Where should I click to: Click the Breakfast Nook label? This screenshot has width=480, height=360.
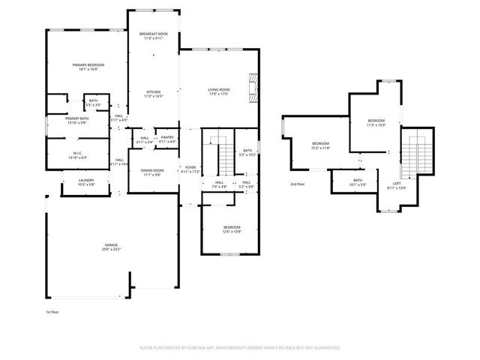153,35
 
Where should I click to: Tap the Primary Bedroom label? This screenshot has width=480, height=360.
88,66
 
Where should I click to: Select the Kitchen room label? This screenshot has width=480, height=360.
153,93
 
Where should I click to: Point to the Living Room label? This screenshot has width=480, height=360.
218,91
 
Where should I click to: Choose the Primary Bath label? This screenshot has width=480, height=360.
76,119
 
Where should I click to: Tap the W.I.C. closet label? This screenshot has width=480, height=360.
77,155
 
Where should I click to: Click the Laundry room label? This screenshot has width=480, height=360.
87,181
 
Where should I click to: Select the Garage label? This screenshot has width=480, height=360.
112,245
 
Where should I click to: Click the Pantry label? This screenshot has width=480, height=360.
166,138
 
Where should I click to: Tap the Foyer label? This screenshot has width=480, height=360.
190,169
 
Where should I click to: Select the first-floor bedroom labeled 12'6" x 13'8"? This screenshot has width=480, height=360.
232,228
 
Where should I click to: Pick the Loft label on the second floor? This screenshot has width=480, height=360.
397,185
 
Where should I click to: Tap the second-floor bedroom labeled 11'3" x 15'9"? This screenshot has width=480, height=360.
376,122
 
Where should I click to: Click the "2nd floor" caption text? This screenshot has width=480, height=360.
298,184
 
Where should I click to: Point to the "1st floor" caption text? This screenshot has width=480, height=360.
52,310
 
